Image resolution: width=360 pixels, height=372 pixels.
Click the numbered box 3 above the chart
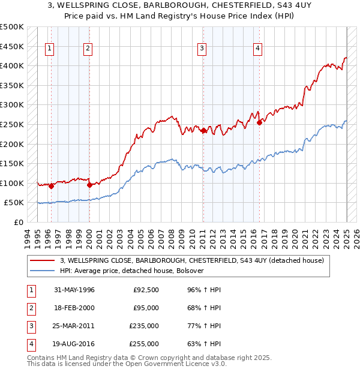point(202,49)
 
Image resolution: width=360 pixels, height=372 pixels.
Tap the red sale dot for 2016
point(260,122)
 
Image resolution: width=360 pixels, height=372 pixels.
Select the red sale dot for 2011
point(203,130)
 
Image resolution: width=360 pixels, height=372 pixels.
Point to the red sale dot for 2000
point(89,185)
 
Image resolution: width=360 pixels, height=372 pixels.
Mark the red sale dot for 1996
point(51,186)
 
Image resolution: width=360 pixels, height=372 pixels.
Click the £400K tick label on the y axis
point(12,65)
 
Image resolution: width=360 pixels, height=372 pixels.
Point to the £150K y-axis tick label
point(12,163)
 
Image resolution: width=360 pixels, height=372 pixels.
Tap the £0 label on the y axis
point(18,222)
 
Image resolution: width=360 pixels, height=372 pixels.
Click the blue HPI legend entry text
point(132,271)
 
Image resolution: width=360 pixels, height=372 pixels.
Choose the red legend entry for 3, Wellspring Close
point(192,260)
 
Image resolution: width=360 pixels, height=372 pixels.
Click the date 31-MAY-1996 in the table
point(74,290)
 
